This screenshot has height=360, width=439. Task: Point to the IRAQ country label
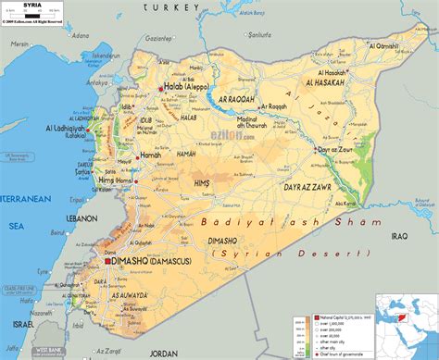399,236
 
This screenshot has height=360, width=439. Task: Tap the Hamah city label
150,155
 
